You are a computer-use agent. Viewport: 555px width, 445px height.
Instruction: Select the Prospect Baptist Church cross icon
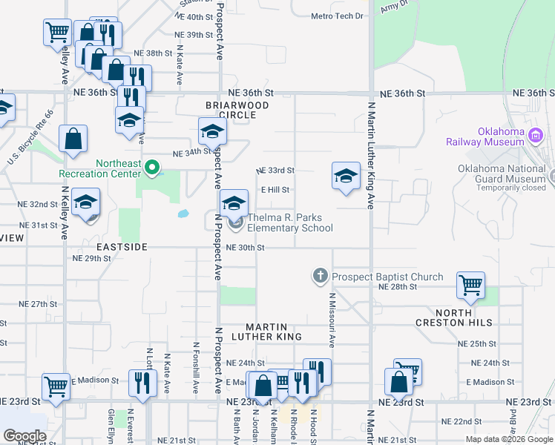[x=321, y=277]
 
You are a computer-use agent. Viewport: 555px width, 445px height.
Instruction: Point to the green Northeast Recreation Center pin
[x=152, y=168]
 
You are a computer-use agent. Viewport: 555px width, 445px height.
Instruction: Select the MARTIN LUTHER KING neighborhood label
[x=274, y=332]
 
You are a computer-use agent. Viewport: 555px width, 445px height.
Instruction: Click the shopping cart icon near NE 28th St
[x=471, y=284]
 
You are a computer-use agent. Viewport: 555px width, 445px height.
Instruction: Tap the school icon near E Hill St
[x=346, y=177]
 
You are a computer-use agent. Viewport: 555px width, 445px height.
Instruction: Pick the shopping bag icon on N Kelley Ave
[x=73, y=138]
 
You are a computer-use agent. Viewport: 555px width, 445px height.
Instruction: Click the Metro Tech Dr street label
[x=337, y=16]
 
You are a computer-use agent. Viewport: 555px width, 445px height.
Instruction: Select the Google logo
[x=24, y=435]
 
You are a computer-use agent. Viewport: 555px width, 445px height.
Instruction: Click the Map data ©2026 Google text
[x=508, y=439]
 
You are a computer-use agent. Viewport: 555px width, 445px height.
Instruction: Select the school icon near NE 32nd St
[x=86, y=202]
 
